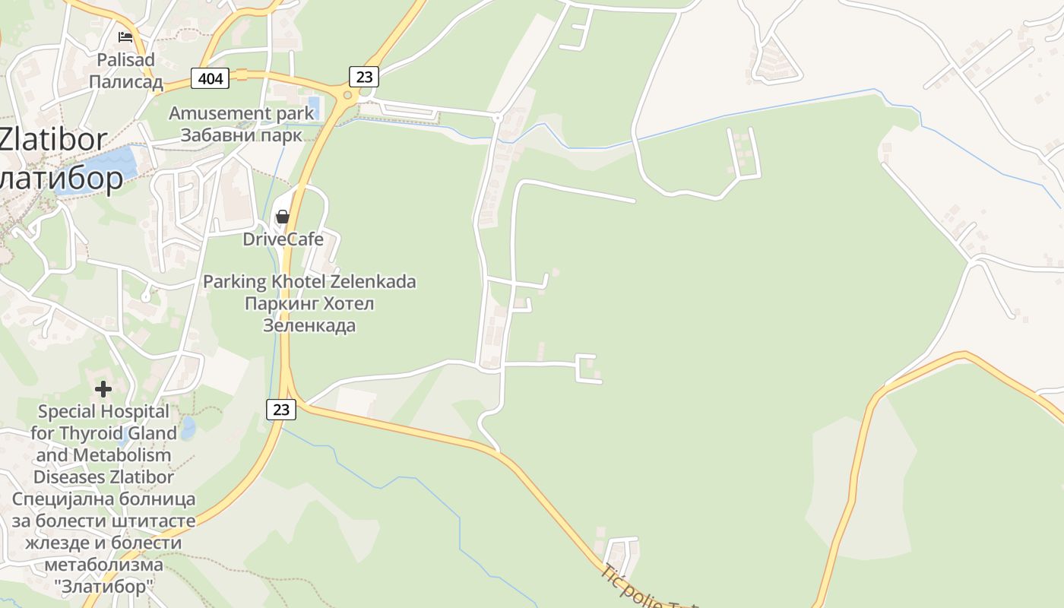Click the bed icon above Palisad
point(125,36)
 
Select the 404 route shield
point(210,78)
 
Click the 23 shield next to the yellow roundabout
point(364,76)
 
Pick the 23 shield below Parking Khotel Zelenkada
point(281,409)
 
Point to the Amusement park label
point(241,113)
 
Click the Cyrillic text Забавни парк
point(241,135)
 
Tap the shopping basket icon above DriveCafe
point(282,217)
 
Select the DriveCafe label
point(283,239)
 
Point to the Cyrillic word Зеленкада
point(309,326)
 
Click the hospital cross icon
point(103,389)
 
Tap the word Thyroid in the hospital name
point(130,433)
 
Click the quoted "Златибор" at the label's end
point(103,587)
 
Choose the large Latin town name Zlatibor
point(53,139)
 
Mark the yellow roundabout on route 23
point(348,95)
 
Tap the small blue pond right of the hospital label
point(188,427)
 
